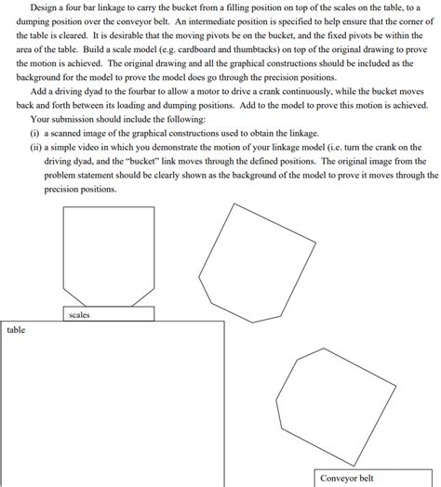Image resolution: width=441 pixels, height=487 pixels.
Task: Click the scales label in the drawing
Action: [80, 315]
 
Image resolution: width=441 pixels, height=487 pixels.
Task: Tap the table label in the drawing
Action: [17, 330]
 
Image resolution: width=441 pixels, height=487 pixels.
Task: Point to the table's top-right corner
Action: [224, 322]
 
